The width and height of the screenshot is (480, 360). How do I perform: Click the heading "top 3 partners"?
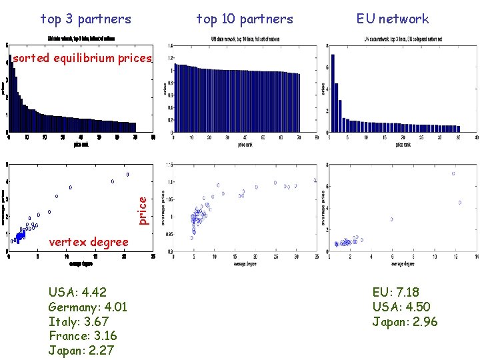[86, 19]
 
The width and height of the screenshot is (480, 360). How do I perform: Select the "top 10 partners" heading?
[245, 19]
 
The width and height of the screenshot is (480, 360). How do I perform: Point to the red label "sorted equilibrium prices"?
[83, 58]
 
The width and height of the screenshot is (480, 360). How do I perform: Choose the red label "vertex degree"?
[89, 241]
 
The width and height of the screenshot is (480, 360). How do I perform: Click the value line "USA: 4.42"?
[77, 292]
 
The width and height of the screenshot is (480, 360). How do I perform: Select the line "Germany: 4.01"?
[87, 307]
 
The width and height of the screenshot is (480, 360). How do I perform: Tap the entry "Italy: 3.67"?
[78, 321]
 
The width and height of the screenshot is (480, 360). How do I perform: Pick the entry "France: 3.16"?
[83, 335]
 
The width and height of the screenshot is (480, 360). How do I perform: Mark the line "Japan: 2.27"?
[81, 350]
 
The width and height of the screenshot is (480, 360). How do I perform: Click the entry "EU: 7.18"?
[396, 292]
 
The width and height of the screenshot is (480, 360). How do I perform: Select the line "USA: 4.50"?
[401, 307]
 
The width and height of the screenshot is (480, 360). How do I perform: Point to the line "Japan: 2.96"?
[405, 321]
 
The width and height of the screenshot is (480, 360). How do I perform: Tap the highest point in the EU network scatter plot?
[453, 173]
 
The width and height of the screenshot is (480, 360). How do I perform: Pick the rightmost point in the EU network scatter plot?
[460, 202]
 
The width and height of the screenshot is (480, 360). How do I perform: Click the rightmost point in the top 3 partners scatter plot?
[127, 175]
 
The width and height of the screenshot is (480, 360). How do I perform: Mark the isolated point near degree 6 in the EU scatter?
[391, 219]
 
